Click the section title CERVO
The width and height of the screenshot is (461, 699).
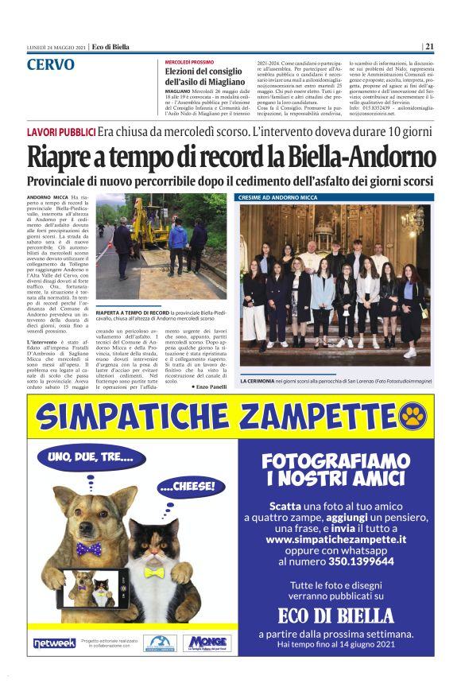coord(51,64)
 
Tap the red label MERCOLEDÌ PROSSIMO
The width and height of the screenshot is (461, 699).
coord(190,61)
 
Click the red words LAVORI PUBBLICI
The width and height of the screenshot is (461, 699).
coord(61,131)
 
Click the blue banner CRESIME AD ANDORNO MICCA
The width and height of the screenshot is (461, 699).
coord(277,196)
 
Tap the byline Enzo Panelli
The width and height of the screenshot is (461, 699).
coord(209,386)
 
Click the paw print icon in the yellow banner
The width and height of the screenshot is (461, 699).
coord(413,414)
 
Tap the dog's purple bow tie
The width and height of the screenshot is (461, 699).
coord(88,548)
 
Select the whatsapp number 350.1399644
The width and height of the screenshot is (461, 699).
coord(359,561)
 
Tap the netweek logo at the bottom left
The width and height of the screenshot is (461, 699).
coord(55,643)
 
